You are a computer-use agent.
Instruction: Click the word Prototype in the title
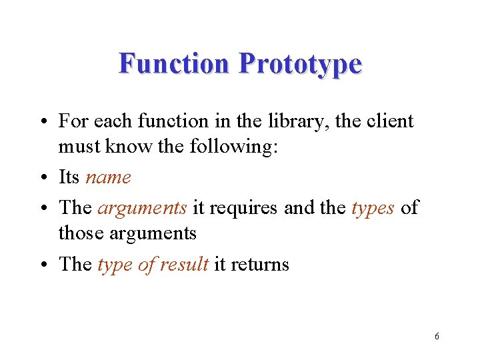pyautogui.click(x=300, y=65)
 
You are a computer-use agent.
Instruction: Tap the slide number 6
pyautogui.click(x=436, y=336)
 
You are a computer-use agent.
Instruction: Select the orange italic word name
pyautogui.click(x=108, y=178)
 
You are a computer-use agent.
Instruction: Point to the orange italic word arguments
pyautogui.click(x=142, y=208)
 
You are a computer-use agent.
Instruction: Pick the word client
pyautogui.click(x=389, y=121)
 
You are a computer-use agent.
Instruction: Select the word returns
pyautogui.click(x=261, y=265)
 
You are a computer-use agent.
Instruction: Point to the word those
pyautogui.click(x=77, y=233)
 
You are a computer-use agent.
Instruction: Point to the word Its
pyautogui.click(x=69, y=177)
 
